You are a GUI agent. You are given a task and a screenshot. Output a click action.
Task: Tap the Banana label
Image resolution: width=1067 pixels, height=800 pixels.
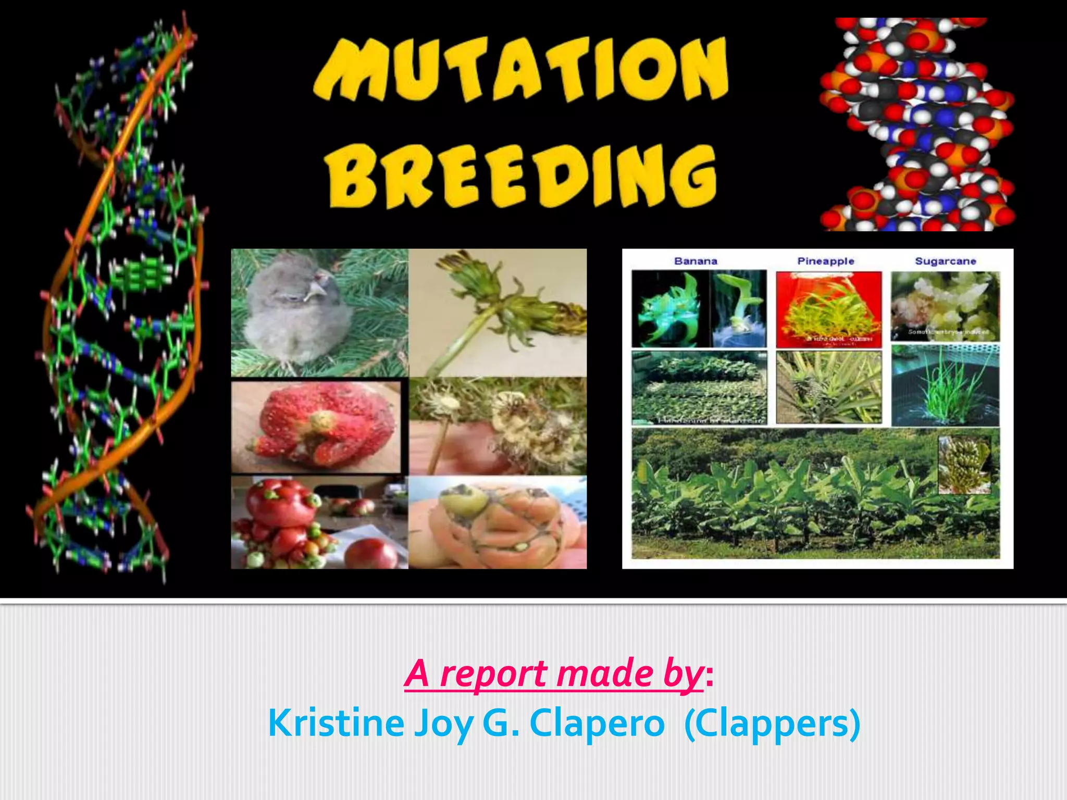[696, 261]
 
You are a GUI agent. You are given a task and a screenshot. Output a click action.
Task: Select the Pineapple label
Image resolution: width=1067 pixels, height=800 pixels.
[826, 261]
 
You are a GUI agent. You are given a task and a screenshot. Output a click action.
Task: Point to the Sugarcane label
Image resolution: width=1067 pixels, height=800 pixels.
[945, 261]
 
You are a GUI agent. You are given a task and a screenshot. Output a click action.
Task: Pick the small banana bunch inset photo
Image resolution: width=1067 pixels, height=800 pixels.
[964, 465]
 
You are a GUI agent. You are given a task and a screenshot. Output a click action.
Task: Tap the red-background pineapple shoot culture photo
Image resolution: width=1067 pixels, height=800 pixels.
[828, 310]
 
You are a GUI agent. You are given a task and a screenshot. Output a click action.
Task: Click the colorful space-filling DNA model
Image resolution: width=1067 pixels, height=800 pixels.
[917, 125]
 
